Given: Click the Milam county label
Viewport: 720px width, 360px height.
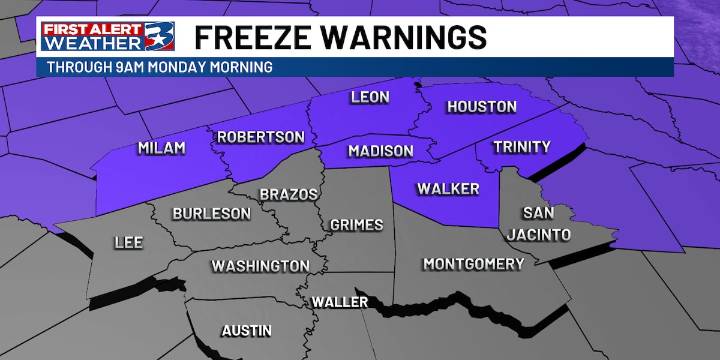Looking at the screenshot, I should tap(161, 148).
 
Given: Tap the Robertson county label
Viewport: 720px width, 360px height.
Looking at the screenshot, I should tap(260, 136).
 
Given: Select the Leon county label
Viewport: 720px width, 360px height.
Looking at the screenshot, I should tap(369, 98).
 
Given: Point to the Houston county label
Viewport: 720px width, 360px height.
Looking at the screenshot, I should tap(481, 106).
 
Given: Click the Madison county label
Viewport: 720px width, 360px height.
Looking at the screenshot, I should tap(380, 151).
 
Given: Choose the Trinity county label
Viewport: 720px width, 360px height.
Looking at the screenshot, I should tap(522, 147).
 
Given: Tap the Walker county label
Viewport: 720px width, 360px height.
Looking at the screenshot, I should tap(448, 188).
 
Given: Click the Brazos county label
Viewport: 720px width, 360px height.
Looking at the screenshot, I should tap(288, 194).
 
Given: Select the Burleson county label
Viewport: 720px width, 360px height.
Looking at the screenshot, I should tap(211, 213).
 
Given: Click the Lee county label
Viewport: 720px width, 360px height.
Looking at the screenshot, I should tap(129, 242).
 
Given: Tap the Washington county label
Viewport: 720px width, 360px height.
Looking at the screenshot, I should tap(260, 266).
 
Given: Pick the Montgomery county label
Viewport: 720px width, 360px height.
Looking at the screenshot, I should tap(473, 264).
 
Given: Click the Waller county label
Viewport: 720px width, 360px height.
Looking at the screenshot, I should tap(339, 302).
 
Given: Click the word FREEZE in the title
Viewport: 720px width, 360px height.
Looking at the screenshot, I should tap(249, 37).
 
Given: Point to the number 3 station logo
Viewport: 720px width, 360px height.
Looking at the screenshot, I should tap(159, 38).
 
